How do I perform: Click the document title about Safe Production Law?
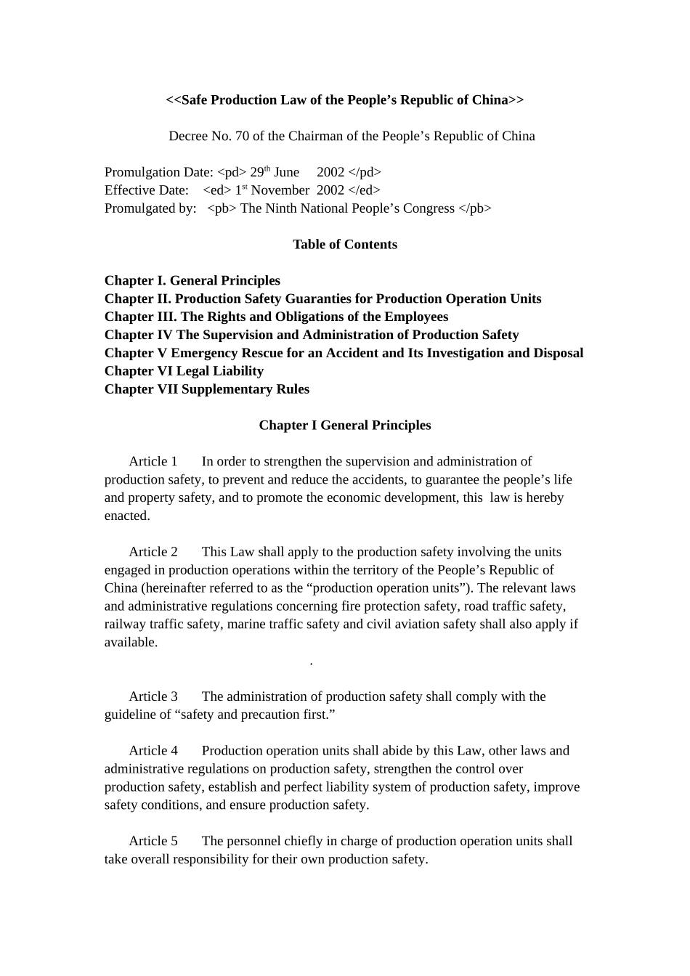(344, 100)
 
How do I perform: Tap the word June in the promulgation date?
(286, 172)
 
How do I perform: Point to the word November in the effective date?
(280, 190)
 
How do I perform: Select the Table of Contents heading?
(344, 245)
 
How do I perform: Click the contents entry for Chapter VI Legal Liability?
(184, 371)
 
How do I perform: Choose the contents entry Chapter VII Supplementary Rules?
(206, 389)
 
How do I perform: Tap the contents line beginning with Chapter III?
(276, 317)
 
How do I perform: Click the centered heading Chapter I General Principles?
(344, 426)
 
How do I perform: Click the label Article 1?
(153, 462)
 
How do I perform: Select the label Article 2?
(153, 552)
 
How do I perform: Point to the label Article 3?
(153, 696)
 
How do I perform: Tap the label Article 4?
(153, 751)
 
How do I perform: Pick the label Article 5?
(153, 841)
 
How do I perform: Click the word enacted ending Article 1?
(126, 516)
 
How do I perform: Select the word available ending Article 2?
(130, 643)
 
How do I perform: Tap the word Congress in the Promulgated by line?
(429, 208)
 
